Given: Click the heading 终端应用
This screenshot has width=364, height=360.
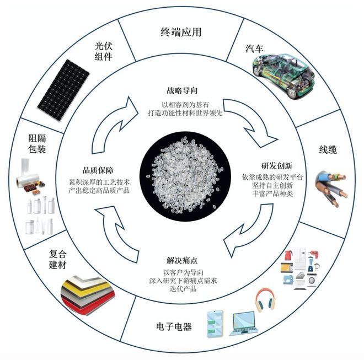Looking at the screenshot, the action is coord(181,32).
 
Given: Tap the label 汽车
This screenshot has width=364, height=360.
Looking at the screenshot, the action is coord(254,49).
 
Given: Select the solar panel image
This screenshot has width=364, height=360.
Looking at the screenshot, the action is coord(63,90).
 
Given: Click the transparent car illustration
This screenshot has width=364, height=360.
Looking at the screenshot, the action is coord(283,76).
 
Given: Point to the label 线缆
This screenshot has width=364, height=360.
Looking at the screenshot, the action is coord(328,150).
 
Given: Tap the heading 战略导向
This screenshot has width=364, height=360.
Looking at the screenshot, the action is coord(182,90).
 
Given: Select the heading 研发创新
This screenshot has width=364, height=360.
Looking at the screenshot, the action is coord(277,166).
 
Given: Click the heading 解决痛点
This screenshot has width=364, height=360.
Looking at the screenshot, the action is coord(182,260).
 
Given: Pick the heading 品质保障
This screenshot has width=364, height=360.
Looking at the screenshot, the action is coord(98,170).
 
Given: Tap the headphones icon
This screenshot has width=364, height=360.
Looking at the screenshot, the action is coord(265,300).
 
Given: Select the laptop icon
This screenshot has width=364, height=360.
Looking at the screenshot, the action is coord(244,323).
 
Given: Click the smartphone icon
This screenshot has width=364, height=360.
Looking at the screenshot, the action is coord(215,324).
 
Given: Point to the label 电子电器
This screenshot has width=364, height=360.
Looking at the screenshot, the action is coord(174,326).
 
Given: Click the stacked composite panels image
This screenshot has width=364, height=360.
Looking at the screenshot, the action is coord(88,294).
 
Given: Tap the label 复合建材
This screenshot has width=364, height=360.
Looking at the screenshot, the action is coord(57,259).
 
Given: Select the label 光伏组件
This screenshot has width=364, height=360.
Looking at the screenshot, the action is coord(104,51).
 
